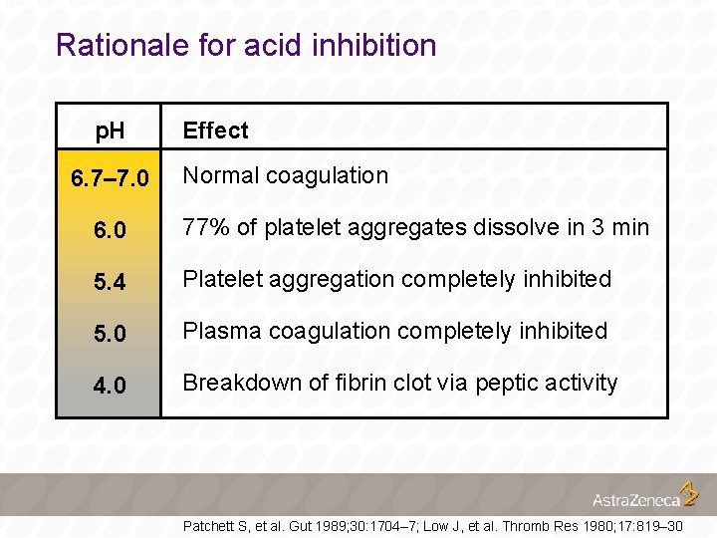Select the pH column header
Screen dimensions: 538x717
[x=110, y=131]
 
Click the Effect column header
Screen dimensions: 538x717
[x=215, y=131]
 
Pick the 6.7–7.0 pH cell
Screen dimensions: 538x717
[x=110, y=179]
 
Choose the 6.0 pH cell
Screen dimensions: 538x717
[x=110, y=230]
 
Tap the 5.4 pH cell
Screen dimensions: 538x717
[x=110, y=282]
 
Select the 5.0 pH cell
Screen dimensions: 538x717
[x=110, y=334]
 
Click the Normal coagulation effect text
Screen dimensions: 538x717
[x=286, y=175]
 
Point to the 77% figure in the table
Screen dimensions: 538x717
[x=205, y=227]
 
